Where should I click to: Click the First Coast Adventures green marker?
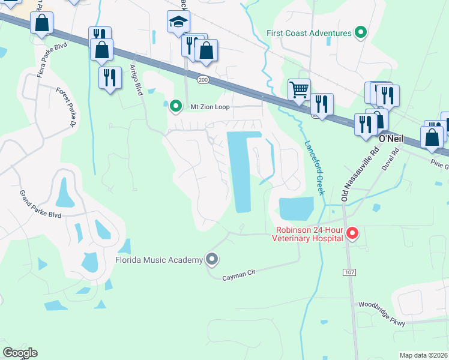361,32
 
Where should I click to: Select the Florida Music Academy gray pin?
211,260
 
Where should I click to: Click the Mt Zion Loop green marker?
175,106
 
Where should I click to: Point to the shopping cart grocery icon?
299,90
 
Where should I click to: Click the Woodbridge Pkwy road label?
381,314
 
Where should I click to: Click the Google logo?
20,353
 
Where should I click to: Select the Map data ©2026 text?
423,355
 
